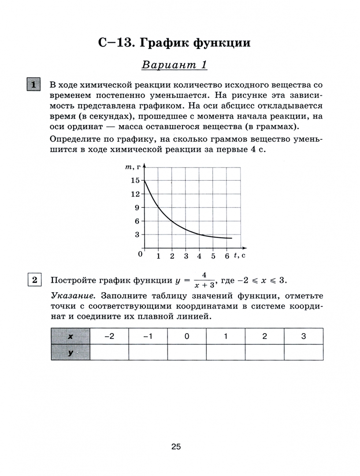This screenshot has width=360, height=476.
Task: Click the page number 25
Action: (176, 447)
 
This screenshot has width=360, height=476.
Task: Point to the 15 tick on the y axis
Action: (135, 181)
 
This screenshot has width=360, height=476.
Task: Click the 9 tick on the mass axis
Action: (137, 208)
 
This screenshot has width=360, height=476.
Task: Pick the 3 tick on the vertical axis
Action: (137, 234)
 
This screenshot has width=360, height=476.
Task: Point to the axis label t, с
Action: (240, 255)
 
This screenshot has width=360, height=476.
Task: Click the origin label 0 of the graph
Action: (141, 254)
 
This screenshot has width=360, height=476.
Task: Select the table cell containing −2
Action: (109, 336)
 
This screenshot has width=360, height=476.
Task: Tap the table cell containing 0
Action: (187, 336)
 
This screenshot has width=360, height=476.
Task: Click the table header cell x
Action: (71, 336)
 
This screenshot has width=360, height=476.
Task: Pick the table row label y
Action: (71, 352)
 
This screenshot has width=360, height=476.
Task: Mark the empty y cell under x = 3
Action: (304, 352)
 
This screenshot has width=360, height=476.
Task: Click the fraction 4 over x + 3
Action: (204, 280)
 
